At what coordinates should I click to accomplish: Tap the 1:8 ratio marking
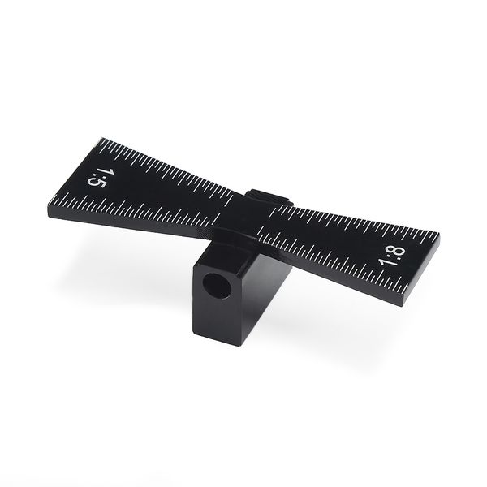tap(392, 256)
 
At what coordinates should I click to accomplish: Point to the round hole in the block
tap(217, 285)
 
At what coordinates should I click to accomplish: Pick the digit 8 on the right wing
tap(399, 252)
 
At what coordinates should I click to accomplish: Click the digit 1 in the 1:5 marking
tap(101, 173)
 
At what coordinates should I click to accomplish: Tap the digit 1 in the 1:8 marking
tap(386, 262)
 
